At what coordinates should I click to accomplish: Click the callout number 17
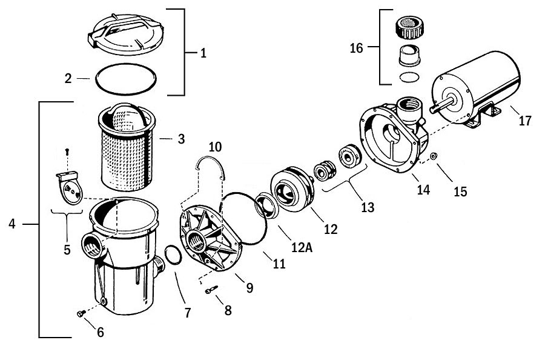tap(524, 121)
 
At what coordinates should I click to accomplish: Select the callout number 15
tap(460, 192)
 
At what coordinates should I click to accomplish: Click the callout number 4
tap(12, 224)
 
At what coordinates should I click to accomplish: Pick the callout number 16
tap(357, 48)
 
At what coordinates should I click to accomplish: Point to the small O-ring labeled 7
tap(171, 255)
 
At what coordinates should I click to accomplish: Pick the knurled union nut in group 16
tap(408, 28)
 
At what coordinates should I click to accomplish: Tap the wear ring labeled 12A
tap(266, 204)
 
